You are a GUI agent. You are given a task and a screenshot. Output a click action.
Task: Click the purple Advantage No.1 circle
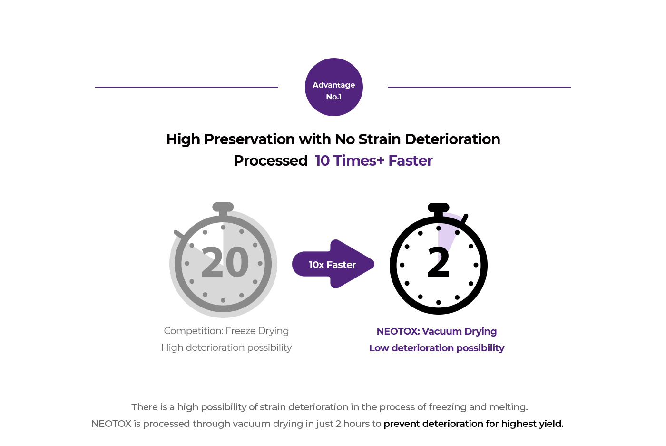(333, 87)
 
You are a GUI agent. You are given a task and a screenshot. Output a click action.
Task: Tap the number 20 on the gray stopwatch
(225, 262)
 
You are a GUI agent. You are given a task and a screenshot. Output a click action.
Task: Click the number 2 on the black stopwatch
(439, 262)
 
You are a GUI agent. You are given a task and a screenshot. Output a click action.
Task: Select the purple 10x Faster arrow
(333, 264)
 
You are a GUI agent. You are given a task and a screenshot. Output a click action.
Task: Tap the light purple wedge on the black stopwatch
(448, 235)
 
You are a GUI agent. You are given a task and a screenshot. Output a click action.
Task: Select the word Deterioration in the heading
(452, 139)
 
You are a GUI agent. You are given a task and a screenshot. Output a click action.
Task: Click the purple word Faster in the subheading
(410, 161)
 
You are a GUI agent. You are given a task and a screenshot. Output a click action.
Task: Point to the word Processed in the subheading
(271, 161)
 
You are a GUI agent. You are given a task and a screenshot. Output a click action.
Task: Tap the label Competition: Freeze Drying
(226, 331)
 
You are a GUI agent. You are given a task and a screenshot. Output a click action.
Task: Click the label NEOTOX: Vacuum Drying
(437, 331)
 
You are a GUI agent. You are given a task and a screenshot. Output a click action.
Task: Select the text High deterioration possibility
(226, 347)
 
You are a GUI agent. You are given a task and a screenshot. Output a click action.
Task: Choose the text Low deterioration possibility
(437, 348)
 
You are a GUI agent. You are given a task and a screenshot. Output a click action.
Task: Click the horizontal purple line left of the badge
(186, 87)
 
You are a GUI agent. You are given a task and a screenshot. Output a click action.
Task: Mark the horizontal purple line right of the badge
(479, 87)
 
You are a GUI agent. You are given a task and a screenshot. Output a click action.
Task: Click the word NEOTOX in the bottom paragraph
(111, 424)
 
